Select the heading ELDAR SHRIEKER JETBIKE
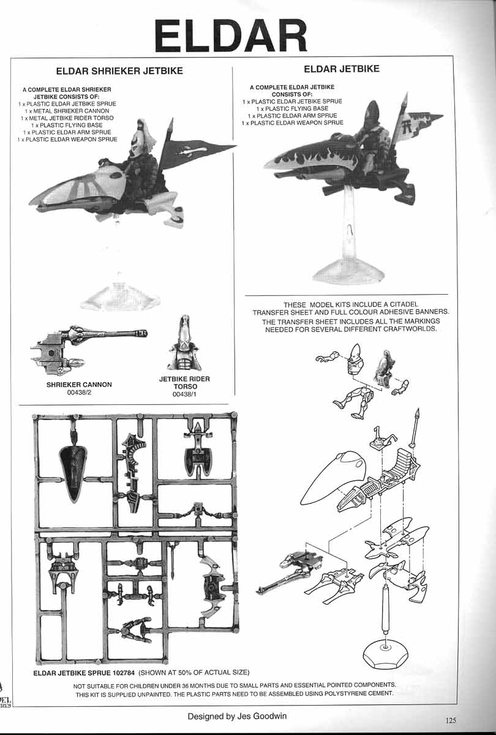click(119, 71)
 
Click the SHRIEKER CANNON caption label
click(79, 385)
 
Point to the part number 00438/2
click(79, 393)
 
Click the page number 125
click(452, 720)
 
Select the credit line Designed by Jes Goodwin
click(238, 716)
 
